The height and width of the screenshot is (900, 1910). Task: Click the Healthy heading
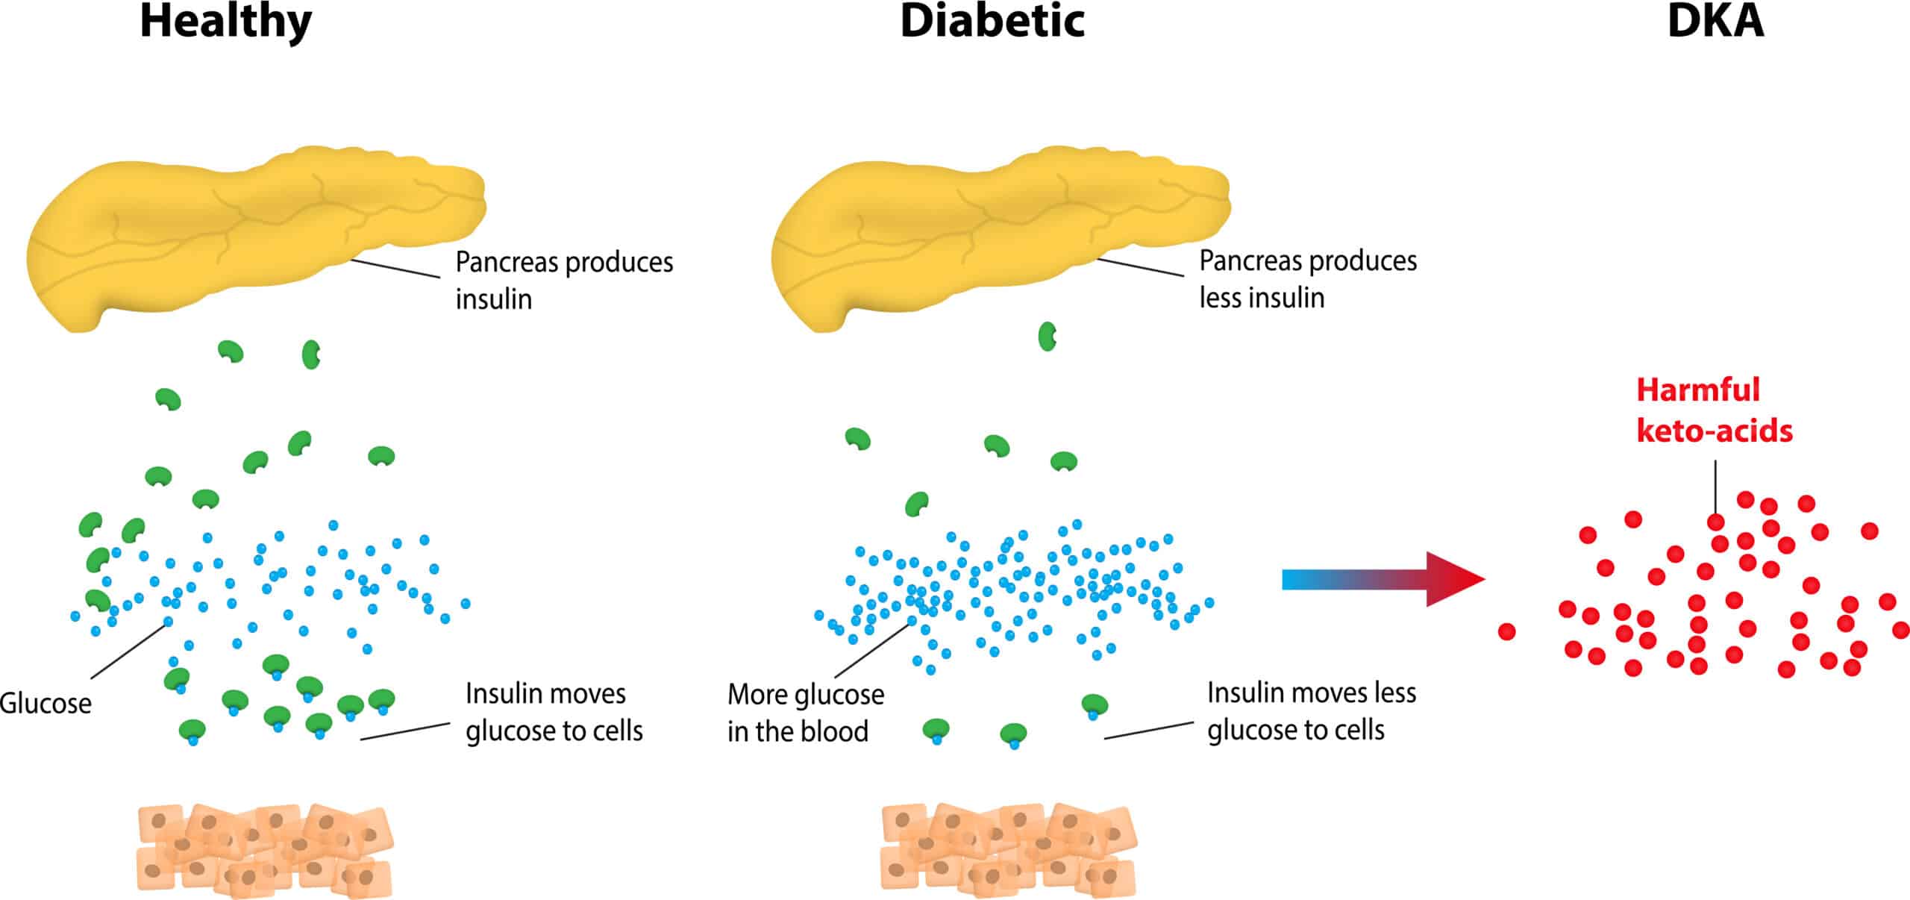tap(225, 22)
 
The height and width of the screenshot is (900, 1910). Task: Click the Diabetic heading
tap(992, 22)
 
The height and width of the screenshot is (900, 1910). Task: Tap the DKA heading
tap(1715, 22)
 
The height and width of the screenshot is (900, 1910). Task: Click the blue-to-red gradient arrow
tap(1380, 579)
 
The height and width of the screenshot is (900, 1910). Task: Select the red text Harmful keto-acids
tap(1713, 410)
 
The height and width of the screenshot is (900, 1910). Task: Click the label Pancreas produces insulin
tap(563, 280)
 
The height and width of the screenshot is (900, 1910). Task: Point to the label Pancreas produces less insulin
tap(1307, 278)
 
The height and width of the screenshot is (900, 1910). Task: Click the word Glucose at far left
tap(45, 704)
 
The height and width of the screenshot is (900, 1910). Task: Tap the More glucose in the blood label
tap(805, 713)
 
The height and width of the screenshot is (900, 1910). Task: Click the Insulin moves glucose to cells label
tap(553, 712)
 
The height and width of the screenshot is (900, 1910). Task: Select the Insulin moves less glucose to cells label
tap(1311, 711)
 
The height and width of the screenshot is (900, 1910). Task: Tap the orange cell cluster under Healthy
tap(265, 851)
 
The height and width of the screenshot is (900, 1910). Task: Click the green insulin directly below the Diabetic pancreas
tap(1047, 337)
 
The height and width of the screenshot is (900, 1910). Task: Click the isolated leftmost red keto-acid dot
tap(1506, 632)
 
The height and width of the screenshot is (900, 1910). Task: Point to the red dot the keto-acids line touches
tap(1716, 522)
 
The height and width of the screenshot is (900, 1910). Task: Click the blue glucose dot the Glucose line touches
tap(168, 622)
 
